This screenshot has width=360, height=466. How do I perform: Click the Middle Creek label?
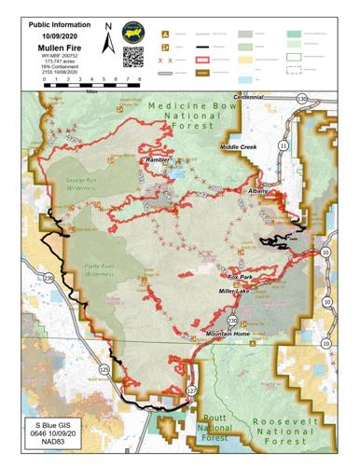(237, 147)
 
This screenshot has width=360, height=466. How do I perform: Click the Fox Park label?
(242, 277)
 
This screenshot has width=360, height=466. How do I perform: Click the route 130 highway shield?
(300, 98)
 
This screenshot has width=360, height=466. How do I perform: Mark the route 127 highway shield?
(191, 389)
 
